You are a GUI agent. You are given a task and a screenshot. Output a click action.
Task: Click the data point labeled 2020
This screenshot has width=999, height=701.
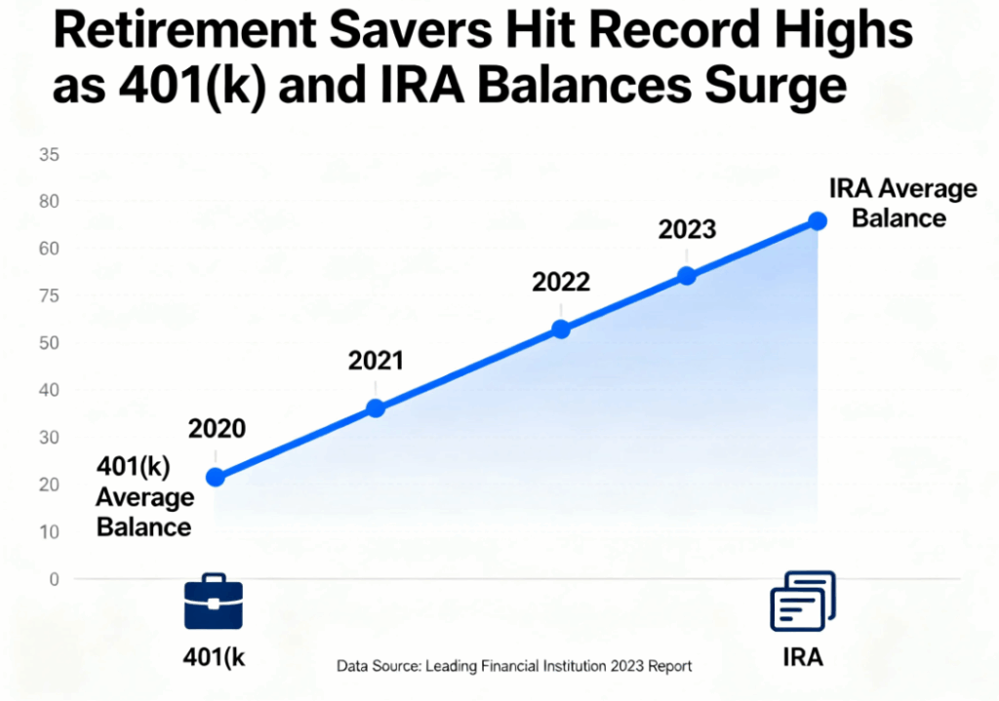coord(216,477)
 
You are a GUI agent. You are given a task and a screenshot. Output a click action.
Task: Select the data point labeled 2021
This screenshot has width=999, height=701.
coord(376,409)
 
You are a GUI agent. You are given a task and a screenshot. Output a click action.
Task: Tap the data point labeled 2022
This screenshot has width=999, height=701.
coord(561,330)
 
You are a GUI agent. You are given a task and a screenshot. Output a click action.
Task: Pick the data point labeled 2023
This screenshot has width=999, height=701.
coord(687,276)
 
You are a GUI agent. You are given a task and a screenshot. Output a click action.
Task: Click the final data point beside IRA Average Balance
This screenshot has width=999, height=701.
coord(818,221)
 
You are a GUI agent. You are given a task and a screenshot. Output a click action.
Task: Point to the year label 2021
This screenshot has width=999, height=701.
coord(376,361)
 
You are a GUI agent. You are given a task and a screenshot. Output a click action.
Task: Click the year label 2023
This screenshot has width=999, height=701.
coord(687,230)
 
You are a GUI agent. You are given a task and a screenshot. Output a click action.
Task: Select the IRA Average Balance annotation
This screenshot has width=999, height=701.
coord(900,203)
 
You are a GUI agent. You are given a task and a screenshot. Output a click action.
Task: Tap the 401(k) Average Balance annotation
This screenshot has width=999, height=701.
coord(143,497)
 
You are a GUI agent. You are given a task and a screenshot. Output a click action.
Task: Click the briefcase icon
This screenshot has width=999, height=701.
coord(214,602)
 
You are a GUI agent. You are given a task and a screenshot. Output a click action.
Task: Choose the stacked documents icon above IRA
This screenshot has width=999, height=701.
coord(802,602)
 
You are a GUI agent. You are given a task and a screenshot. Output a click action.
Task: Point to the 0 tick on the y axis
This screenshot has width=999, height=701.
coord(54,579)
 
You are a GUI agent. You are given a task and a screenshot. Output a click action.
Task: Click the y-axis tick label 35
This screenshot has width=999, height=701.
coord(50,154)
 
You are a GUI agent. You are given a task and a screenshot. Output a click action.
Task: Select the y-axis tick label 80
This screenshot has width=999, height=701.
coord(50,202)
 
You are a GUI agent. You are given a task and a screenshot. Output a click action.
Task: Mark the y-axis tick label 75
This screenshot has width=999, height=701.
coord(50,296)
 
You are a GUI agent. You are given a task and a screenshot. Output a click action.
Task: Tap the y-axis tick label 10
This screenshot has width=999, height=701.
coord(50,532)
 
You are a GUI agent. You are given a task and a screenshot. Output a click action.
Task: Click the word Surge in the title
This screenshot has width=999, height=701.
coord(771,88)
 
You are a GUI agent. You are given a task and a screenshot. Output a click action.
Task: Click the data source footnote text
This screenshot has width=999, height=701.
coord(514,667)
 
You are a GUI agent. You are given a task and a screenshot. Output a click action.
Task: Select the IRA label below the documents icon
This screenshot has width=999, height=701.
coord(802,657)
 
